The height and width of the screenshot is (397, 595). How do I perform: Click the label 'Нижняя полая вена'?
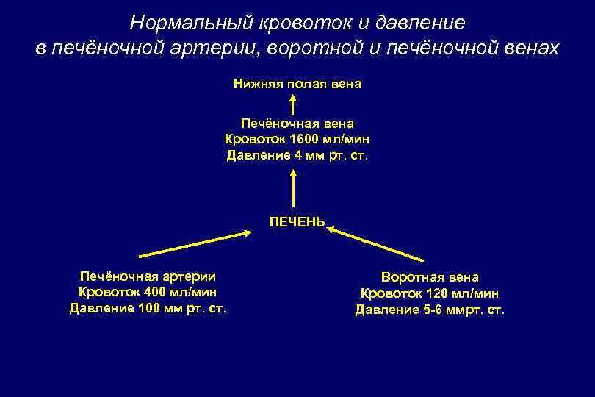(x=297, y=85)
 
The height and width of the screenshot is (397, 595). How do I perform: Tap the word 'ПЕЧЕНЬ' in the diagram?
(x=297, y=221)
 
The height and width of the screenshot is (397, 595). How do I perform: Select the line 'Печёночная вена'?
(x=297, y=124)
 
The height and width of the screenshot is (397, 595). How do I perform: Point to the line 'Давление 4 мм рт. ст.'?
(x=297, y=156)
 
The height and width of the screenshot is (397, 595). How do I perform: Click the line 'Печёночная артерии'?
(x=148, y=276)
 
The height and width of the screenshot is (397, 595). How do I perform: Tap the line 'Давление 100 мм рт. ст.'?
(x=148, y=308)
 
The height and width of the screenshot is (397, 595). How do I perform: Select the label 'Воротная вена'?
(x=430, y=277)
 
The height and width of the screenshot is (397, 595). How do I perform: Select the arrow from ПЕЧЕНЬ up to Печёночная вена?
(x=294, y=189)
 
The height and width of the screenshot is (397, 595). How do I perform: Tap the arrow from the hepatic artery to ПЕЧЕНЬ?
(x=195, y=244)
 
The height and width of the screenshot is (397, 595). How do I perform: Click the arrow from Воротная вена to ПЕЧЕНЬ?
(x=376, y=244)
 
